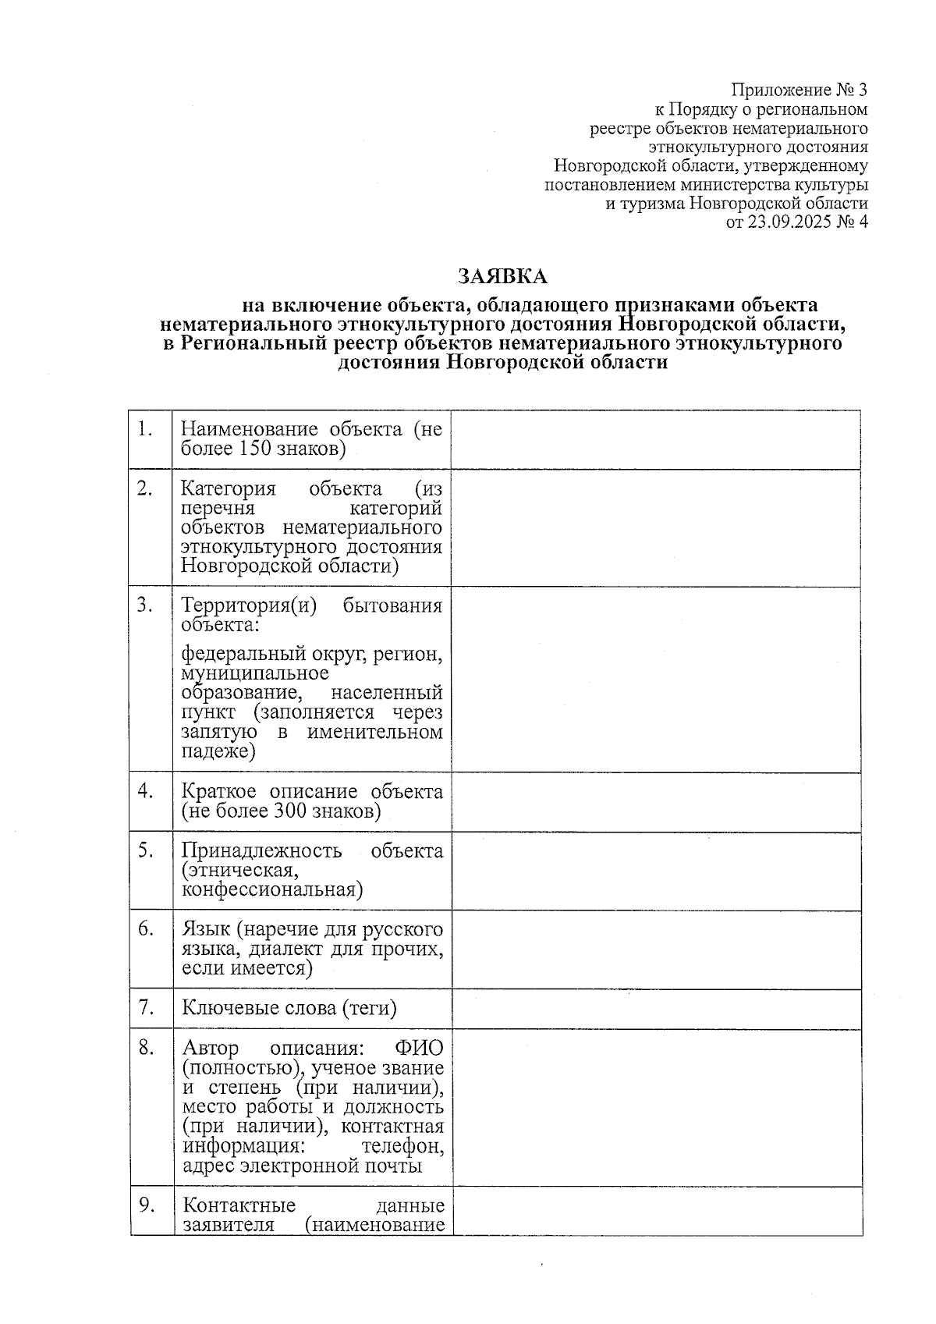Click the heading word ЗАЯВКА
coord(502,277)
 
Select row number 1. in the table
coord(144,428)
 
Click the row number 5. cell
coord(146,850)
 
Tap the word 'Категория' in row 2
coord(229,489)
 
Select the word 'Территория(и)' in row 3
coord(249,606)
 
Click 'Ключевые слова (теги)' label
coord(289,1008)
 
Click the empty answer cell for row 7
coord(656,1008)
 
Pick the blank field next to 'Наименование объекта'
coord(655,439)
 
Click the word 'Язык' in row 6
coord(205,929)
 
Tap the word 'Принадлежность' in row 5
coord(261,850)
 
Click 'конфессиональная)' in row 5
coord(272,889)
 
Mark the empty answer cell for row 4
coord(656,801)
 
